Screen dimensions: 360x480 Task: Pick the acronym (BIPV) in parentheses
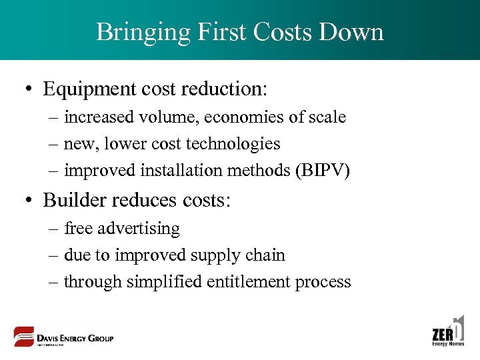(325, 171)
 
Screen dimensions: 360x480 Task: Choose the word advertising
(139, 229)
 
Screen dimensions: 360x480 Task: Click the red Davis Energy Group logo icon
(25, 337)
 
